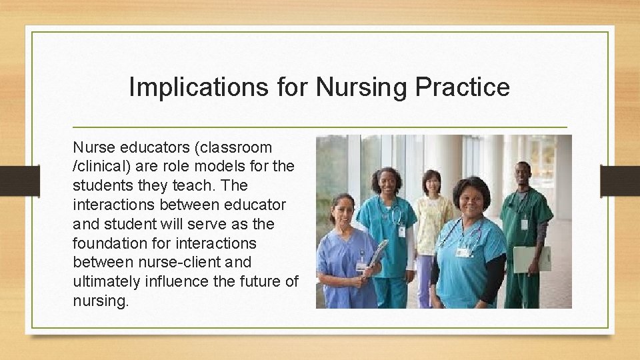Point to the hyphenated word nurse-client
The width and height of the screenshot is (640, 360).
(x=166, y=263)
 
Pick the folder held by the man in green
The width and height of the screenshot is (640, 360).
(x=531, y=259)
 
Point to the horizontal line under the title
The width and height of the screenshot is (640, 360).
(x=319, y=127)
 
